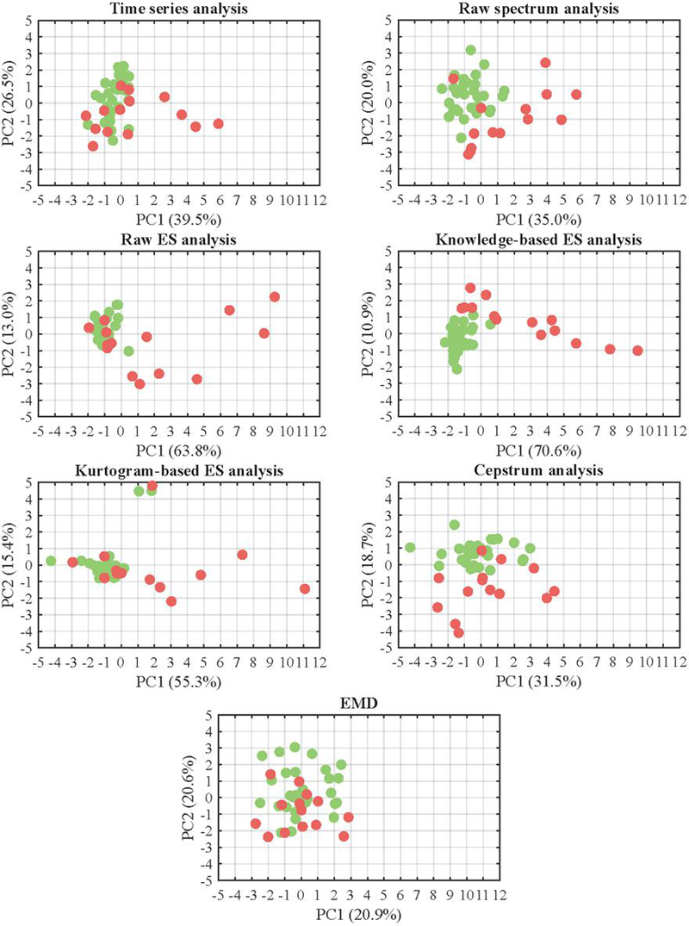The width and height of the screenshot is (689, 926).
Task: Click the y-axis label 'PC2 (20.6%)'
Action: tap(192, 797)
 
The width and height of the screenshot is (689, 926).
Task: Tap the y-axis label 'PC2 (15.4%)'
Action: tap(13, 566)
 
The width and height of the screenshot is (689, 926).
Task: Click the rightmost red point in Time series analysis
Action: tap(218, 124)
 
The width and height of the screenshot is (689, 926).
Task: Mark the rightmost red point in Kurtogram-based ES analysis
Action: tap(305, 588)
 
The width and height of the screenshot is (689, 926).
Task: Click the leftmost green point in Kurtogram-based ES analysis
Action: tap(51, 561)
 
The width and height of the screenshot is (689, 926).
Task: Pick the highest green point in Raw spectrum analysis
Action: tap(470, 50)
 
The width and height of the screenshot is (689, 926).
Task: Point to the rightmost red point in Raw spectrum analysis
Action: tap(576, 95)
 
